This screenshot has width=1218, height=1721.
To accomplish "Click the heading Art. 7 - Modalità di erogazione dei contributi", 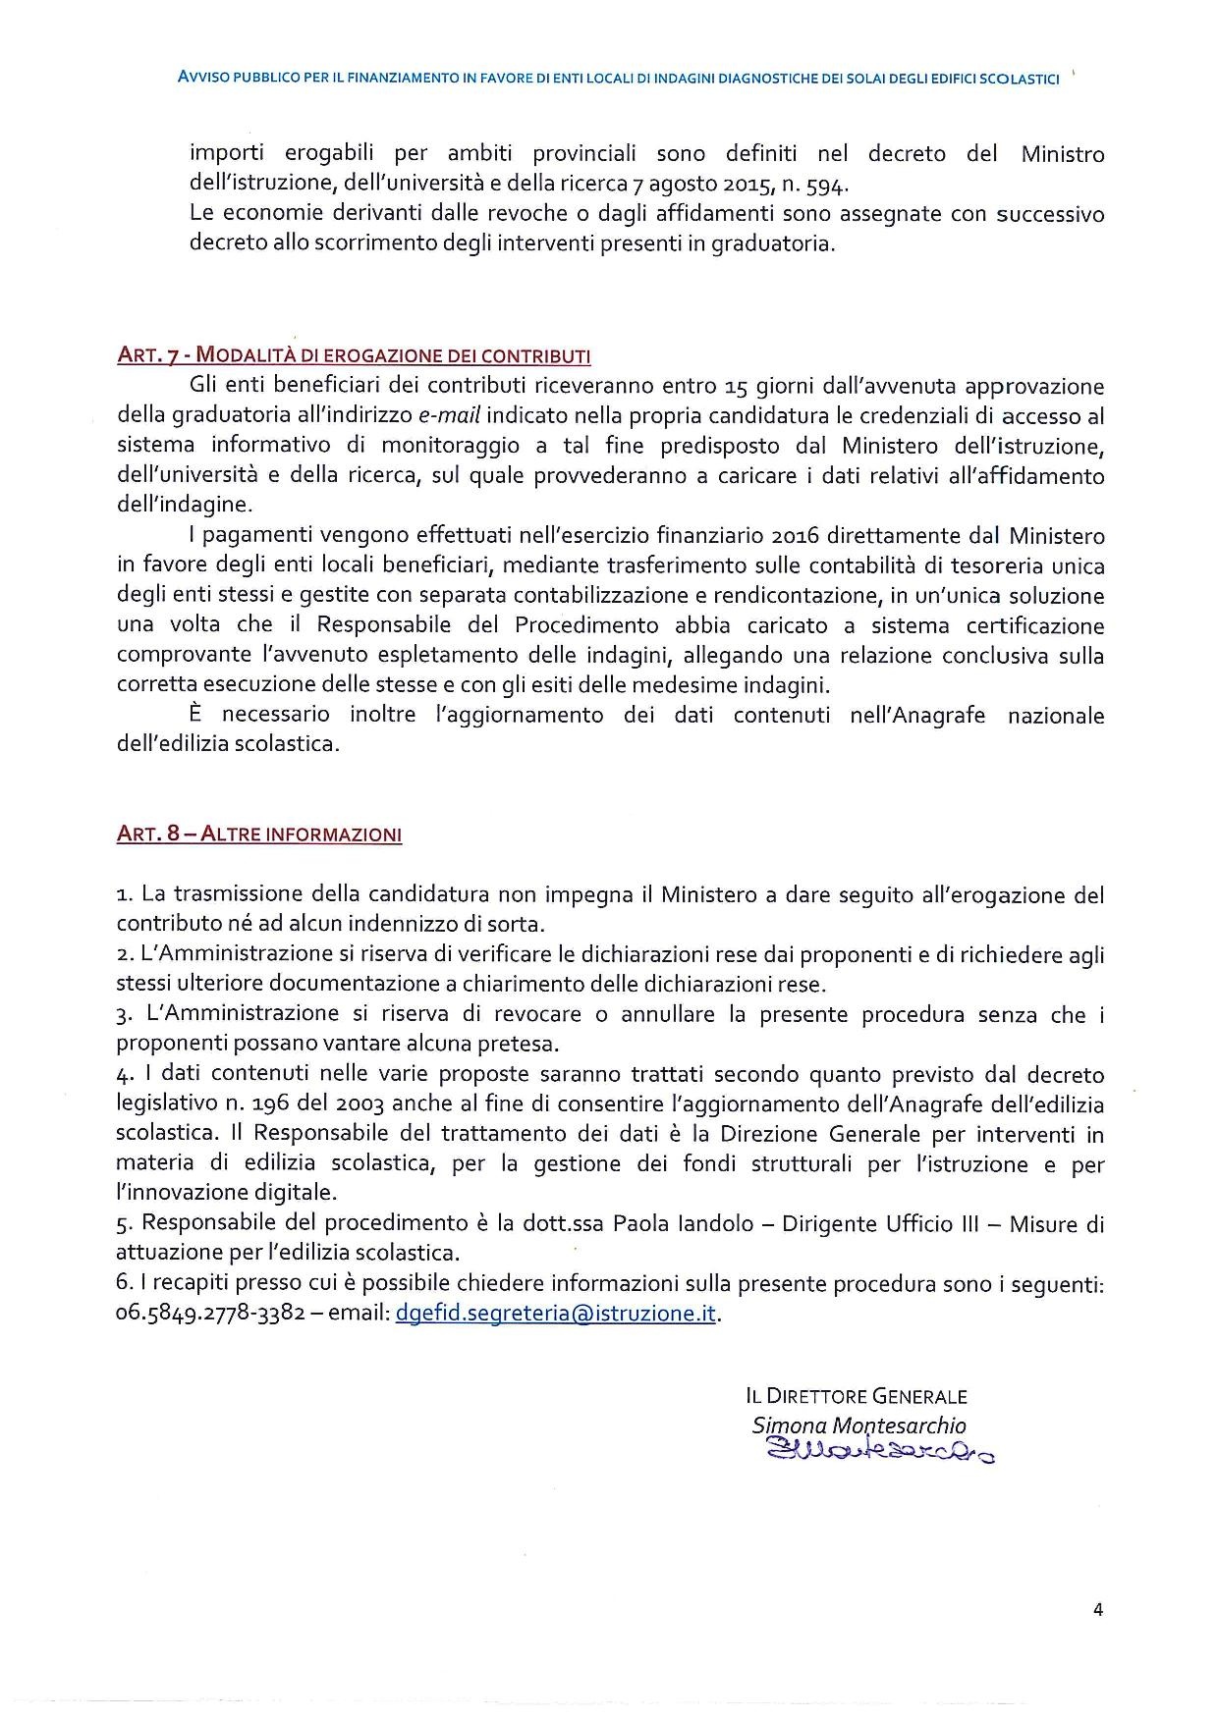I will pyautogui.click(x=354, y=355).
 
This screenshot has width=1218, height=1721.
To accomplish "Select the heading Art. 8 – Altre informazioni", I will pyautogui.click(x=259, y=834).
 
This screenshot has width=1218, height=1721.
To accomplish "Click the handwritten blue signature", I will pyautogui.click(x=878, y=1450).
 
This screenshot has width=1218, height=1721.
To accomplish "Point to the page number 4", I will pyautogui.click(x=1098, y=1609).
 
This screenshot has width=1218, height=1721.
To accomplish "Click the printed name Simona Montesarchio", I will pyautogui.click(x=858, y=1425).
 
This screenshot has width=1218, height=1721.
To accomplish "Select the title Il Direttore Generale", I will pyautogui.click(x=857, y=1396).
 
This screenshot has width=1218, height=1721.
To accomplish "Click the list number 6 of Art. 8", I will pyautogui.click(x=123, y=1284).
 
